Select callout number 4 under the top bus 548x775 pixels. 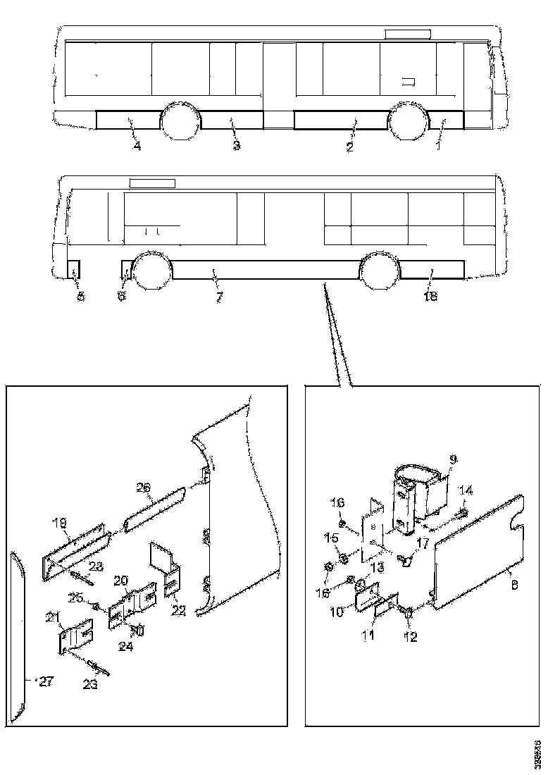click(137, 146)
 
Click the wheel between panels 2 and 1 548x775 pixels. click(409, 121)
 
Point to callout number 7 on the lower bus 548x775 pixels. click(219, 297)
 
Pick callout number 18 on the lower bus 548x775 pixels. click(430, 297)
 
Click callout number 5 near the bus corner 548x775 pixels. click(80, 297)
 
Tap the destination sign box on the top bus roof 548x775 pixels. click(407, 34)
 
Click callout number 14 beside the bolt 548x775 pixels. click(466, 489)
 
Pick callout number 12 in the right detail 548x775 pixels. click(410, 638)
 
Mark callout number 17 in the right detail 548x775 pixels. click(423, 542)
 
